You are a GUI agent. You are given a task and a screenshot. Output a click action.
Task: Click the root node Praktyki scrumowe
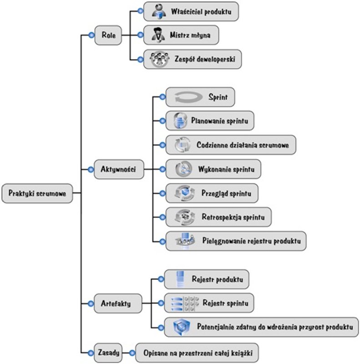37,193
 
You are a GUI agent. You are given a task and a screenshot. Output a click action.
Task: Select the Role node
108,35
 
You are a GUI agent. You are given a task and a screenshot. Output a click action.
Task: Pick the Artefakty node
116,303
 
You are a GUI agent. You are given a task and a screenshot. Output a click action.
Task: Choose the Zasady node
108,352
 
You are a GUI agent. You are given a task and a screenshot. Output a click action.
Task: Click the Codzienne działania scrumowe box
230,145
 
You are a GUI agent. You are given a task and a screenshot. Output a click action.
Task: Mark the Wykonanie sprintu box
213,169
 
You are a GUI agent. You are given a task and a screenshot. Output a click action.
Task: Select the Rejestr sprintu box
208,302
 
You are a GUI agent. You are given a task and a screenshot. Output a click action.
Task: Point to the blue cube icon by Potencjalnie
181,327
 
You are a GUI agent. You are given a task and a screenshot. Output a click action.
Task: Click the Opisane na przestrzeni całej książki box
199,352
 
